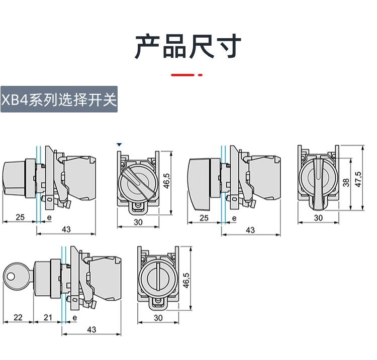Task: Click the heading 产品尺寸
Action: click(x=188, y=47)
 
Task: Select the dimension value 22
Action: click(x=18, y=317)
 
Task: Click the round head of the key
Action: click(x=11, y=275)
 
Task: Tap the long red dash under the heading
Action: click(x=182, y=75)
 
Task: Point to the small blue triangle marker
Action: click(x=119, y=144)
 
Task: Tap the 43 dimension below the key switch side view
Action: click(x=91, y=330)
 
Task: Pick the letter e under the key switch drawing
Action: click(x=74, y=317)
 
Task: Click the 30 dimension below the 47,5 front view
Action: click(x=318, y=217)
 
